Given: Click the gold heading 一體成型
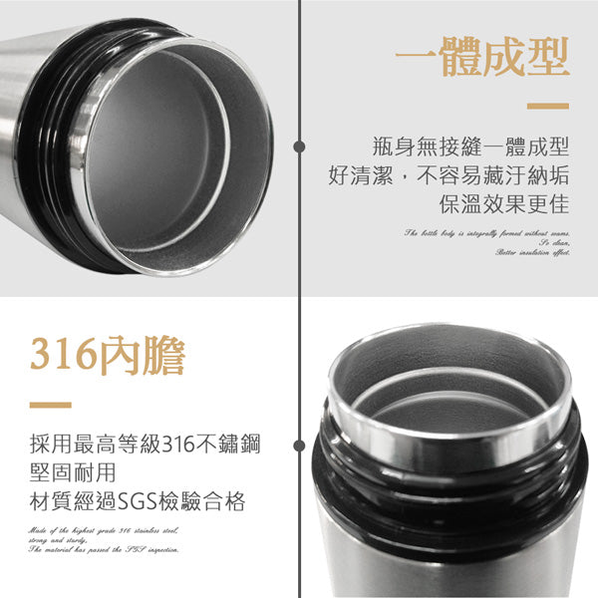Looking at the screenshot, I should (482, 59).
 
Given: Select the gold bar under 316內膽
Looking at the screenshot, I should (51, 406).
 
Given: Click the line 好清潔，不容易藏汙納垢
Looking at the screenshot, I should (448, 176).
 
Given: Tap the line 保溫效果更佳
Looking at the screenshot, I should (503, 205).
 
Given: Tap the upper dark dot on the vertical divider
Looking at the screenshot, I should (299, 147).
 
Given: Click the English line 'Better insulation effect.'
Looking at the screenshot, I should (532, 254).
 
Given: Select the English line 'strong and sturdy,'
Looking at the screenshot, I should (63, 539).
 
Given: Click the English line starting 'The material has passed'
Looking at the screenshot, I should (105, 550).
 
